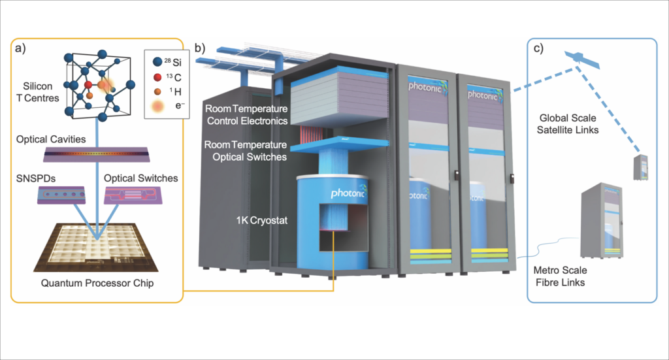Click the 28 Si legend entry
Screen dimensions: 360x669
pos(167,63)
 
